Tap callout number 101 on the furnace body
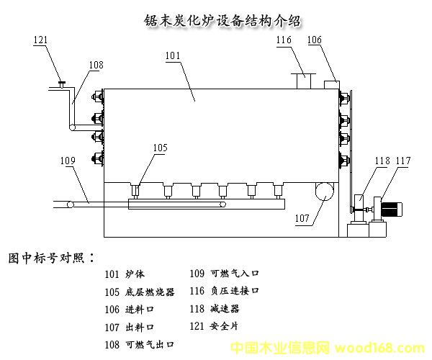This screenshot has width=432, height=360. click(x=173, y=55)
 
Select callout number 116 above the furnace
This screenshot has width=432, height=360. click(x=284, y=40)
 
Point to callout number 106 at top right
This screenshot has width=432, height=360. click(x=315, y=40)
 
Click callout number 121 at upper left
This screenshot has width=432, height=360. click(x=41, y=40)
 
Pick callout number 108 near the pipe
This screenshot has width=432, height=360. click(x=96, y=65)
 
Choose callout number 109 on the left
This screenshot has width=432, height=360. click(x=68, y=161)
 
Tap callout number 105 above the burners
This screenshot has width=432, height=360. click(x=160, y=148)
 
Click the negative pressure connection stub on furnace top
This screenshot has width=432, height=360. click(x=302, y=81)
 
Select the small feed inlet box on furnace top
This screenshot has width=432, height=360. click(x=332, y=84)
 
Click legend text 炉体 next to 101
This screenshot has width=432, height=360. click(x=135, y=274)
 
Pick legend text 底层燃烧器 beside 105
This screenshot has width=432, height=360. click(x=150, y=292)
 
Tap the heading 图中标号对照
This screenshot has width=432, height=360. click(x=50, y=257)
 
